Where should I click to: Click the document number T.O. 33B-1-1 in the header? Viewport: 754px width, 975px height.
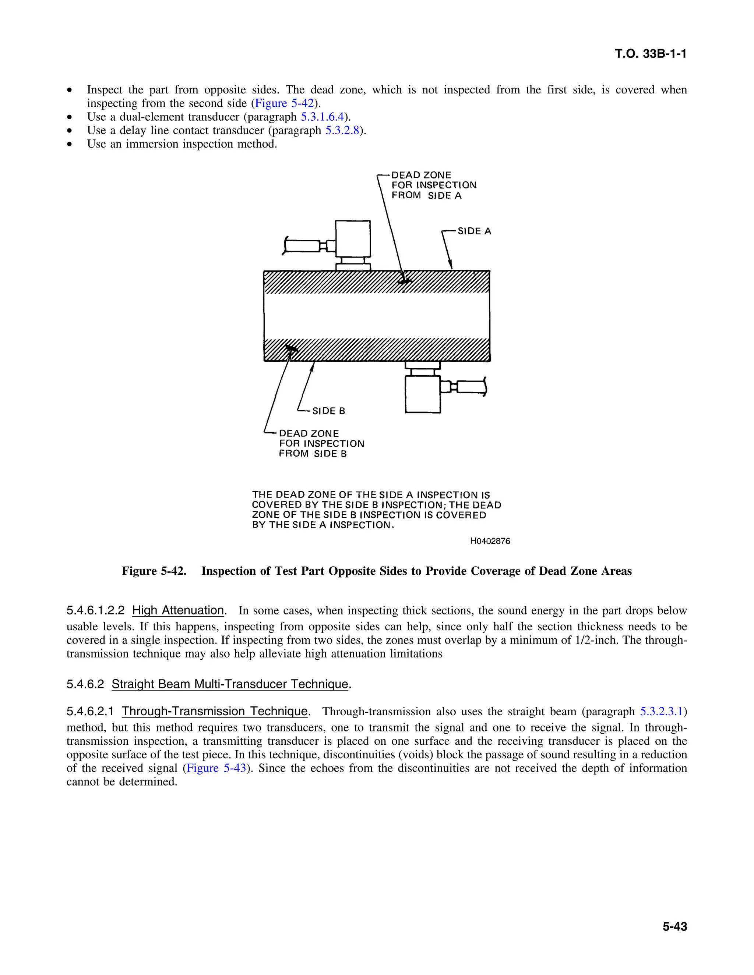[651, 54]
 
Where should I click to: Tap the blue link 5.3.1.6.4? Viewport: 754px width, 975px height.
[322, 117]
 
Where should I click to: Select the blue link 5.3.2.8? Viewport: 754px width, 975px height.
[342, 131]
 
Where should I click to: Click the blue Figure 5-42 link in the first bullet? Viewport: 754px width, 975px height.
[284, 104]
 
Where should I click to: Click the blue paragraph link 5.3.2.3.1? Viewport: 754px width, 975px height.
[662, 711]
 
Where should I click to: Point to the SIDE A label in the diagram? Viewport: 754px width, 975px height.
[474, 231]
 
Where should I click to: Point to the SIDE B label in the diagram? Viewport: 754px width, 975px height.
[328, 411]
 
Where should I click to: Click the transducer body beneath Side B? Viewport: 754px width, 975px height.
[423, 394]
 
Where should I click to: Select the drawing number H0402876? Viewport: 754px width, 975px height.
[490, 541]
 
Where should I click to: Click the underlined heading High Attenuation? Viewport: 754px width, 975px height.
[178, 610]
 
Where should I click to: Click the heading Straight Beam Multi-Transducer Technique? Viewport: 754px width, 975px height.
[230, 684]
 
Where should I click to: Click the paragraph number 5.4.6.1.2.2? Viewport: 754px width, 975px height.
[95, 611]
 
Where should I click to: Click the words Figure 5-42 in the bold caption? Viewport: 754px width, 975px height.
[154, 571]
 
